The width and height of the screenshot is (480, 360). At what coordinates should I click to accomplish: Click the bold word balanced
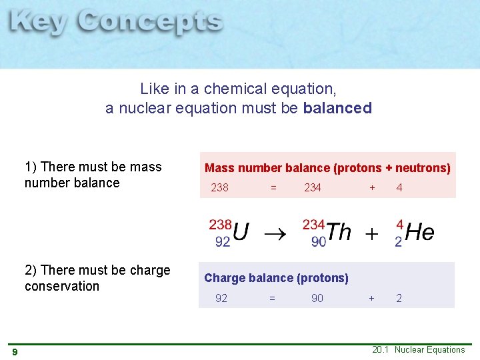(x=337, y=108)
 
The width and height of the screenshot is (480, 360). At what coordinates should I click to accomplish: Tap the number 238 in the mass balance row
(x=219, y=188)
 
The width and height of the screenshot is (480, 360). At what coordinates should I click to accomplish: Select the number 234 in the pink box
(x=312, y=188)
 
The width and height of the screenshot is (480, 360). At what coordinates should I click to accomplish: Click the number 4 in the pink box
(x=399, y=188)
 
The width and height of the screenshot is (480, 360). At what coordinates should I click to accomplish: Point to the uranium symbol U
(x=241, y=232)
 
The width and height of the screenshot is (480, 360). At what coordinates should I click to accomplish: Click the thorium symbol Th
(x=339, y=232)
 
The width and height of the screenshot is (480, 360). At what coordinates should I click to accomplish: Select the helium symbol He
(x=419, y=232)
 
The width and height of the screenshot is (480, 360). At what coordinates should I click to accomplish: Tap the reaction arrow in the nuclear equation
(x=274, y=234)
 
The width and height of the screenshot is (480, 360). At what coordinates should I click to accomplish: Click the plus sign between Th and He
(x=371, y=234)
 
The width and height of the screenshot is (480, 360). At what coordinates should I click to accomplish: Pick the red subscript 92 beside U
(x=223, y=242)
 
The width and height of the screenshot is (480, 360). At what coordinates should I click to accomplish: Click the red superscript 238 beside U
(x=220, y=224)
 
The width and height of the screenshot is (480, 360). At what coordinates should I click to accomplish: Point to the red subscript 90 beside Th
(x=318, y=242)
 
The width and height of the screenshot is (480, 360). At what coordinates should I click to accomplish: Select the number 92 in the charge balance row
(x=221, y=298)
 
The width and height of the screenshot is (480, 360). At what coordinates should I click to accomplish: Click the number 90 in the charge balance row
(x=317, y=298)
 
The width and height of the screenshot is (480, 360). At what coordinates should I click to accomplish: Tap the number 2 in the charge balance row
(x=399, y=298)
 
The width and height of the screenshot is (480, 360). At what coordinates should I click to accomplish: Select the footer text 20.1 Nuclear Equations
(x=419, y=350)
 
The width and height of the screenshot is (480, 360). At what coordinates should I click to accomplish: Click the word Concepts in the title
(x=149, y=24)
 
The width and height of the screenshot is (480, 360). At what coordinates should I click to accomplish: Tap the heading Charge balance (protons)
(x=276, y=278)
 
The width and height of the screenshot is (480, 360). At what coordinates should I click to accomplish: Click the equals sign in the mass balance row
(x=273, y=188)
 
